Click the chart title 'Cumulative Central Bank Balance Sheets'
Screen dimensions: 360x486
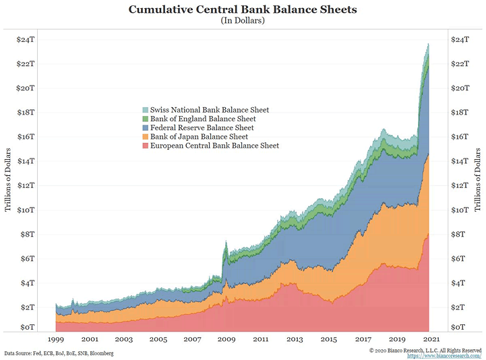pyautogui.click(x=243, y=9)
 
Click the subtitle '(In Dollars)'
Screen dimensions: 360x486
pyautogui.click(x=243, y=21)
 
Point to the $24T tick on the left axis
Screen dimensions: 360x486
pyautogui.click(x=26, y=40)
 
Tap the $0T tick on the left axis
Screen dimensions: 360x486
pyautogui.click(x=26, y=327)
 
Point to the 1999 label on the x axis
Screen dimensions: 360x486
pyautogui.click(x=56, y=340)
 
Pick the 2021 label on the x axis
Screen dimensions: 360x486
pyautogui.click(x=432, y=340)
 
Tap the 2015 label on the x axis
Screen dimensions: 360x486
pyautogui.click(x=330, y=340)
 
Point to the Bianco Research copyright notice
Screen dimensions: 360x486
pyautogui.click(x=426, y=350)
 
